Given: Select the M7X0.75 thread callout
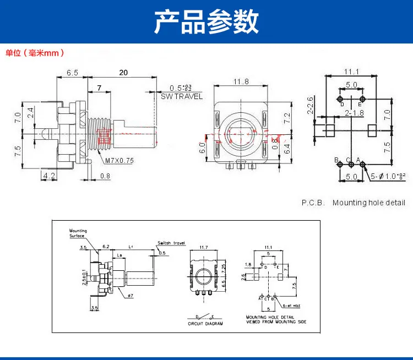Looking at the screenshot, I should click(119, 161).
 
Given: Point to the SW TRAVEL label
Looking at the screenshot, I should click(182, 97).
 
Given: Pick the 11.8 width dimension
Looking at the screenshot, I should click(240, 81).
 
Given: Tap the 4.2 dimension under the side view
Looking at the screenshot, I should click(49, 176).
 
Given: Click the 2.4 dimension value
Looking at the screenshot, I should click(31, 113).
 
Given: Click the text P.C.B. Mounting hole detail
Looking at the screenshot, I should click(353, 203).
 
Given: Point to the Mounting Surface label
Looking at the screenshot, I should click(77, 233).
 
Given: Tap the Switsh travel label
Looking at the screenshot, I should click(171, 242).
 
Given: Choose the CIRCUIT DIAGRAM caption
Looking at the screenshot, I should click(205, 324).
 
